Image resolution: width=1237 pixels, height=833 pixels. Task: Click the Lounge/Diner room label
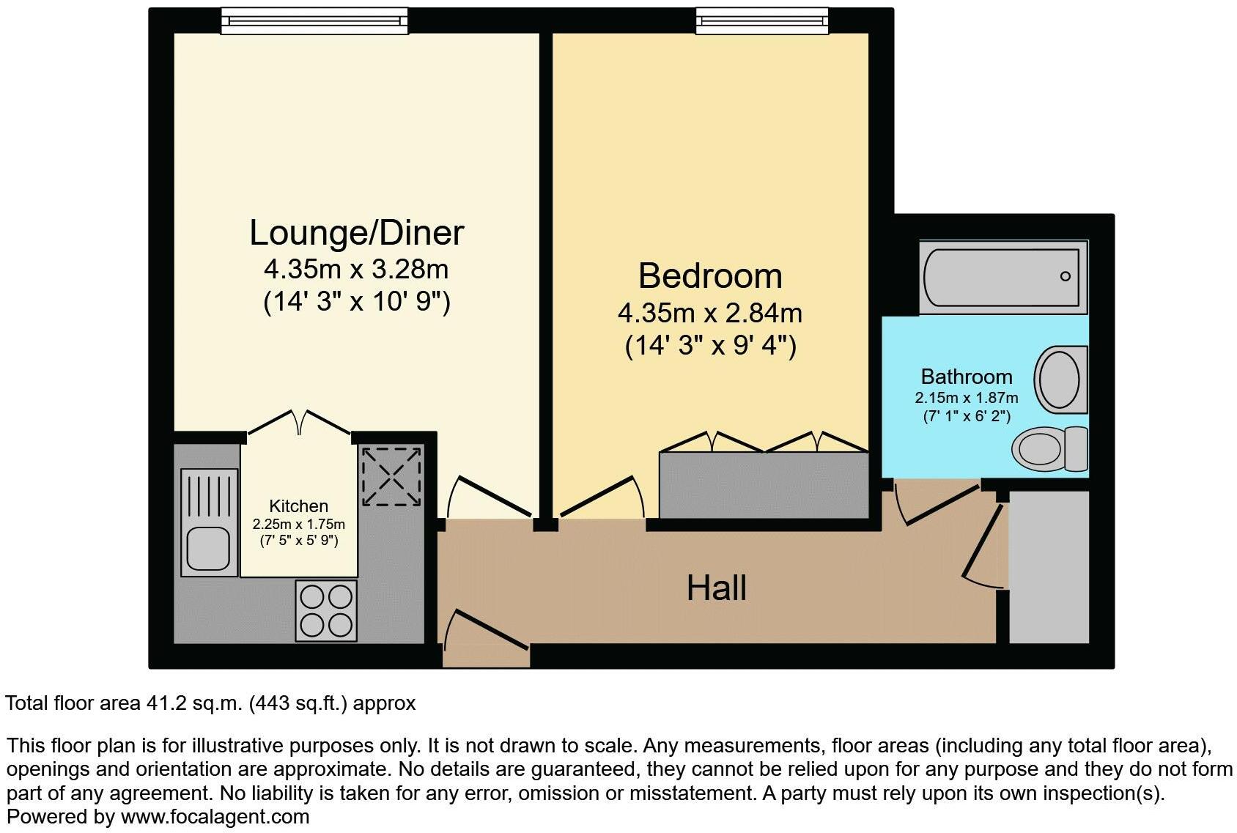[357, 233]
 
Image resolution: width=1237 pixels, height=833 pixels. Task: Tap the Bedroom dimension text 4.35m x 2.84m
[709, 314]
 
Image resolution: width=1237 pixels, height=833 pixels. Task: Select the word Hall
[716, 588]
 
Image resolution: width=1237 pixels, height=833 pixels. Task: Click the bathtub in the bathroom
[1002, 277]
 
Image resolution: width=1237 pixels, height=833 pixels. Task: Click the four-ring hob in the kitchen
[326, 611]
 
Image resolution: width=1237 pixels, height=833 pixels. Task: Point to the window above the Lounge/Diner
[314, 21]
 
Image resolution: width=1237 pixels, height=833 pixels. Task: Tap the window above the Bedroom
[762, 21]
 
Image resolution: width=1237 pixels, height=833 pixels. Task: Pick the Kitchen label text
[298, 506]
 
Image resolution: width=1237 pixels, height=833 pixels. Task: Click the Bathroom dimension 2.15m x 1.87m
[966, 398]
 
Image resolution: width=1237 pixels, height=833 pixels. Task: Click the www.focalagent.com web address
[215, 817]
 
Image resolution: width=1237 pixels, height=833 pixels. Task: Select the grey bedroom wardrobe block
[763, 485]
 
